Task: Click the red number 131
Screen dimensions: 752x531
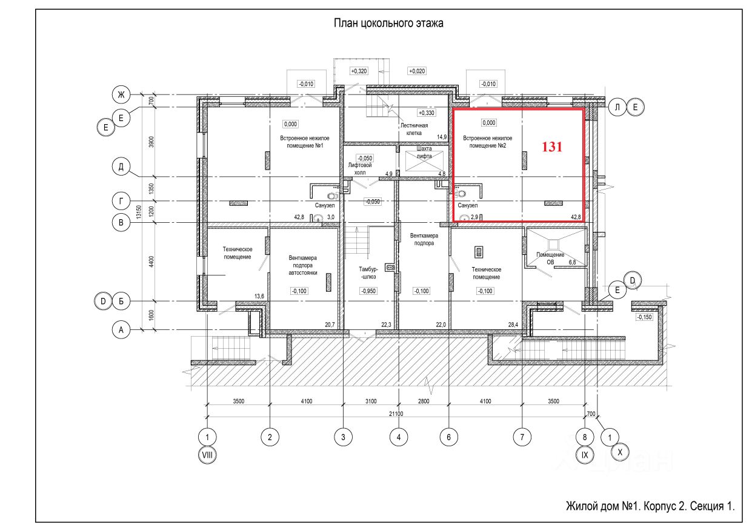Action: [552, 147]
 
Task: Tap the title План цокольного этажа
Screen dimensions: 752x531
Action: [388, 23]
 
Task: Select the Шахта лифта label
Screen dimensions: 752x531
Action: [424, 152]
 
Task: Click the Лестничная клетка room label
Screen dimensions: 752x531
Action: [414, 129]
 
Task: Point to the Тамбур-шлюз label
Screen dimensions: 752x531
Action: [368, 272]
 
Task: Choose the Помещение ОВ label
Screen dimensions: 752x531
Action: [550, 259]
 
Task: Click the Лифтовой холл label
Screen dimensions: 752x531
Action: [360, 169]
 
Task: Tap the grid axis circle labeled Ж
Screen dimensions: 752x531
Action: [121, 94]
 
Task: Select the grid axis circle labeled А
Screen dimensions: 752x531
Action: [121, 330]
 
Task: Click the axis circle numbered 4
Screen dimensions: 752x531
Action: [399, 437]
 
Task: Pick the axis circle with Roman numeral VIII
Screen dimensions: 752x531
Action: [207, 455]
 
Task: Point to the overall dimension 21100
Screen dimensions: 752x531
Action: [396, 414]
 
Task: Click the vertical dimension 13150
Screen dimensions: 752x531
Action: [139, 212]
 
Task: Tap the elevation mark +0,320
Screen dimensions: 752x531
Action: [359, 71]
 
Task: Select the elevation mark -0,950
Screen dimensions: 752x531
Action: [368, 291]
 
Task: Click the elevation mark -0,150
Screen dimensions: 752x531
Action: [644, 317]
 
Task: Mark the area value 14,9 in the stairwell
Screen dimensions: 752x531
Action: [442, 137]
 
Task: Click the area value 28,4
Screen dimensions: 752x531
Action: [513, 325]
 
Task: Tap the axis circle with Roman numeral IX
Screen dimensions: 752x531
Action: [585, 455]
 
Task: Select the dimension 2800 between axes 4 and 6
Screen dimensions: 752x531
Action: [424, 401]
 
